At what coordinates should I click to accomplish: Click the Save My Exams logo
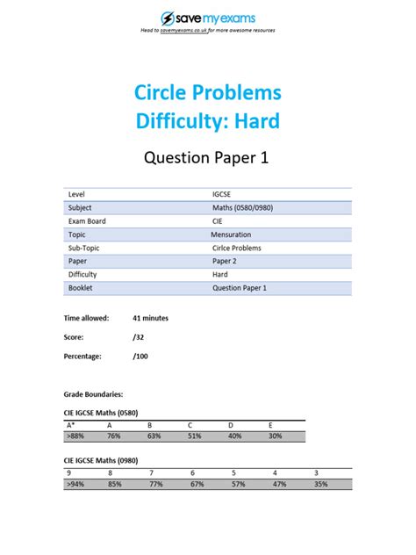(207, 18)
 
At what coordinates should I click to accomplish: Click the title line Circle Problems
(207, 92)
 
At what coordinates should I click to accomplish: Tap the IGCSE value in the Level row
(223, 193)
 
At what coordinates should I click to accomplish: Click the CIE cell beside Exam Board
(218, 221)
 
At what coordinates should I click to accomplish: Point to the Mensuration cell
(231, 234)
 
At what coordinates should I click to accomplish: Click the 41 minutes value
(150, 318)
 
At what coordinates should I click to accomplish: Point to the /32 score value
(138, 336)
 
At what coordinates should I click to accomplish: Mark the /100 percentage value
(140, 356)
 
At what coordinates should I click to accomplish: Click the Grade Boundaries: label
(94, 394)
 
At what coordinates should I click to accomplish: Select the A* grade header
(71, 424)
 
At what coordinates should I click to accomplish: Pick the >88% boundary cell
(76, 435)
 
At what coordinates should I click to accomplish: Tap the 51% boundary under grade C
(195, 435)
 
